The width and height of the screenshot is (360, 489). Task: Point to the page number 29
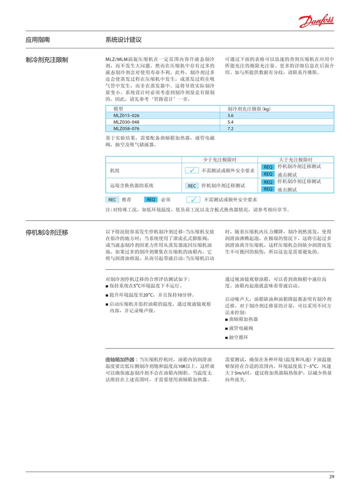[x=331, y=477]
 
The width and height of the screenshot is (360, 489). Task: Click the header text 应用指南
[x=38, y=40]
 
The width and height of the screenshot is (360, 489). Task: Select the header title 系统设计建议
[x=123, y=40]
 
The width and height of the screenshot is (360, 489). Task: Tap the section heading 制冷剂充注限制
[x=47, y=60]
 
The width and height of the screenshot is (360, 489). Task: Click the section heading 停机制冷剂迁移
[x=47, y=232]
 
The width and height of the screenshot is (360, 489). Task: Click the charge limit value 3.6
[x=230, y=115]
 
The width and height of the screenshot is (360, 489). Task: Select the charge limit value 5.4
[x=230, y=122]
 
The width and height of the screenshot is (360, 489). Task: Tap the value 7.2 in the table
[x=230, y=129]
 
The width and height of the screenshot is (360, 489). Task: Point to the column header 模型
[x=118, y=109]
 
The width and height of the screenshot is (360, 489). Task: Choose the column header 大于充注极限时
[x=295, y=159]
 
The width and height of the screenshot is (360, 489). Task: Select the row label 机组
[x=115, y=171]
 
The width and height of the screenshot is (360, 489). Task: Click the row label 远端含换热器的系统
[x=132, y=186]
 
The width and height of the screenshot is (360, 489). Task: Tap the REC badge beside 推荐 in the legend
[x=112, y=199]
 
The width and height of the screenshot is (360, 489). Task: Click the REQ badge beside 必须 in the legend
[x=151, y=199]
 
